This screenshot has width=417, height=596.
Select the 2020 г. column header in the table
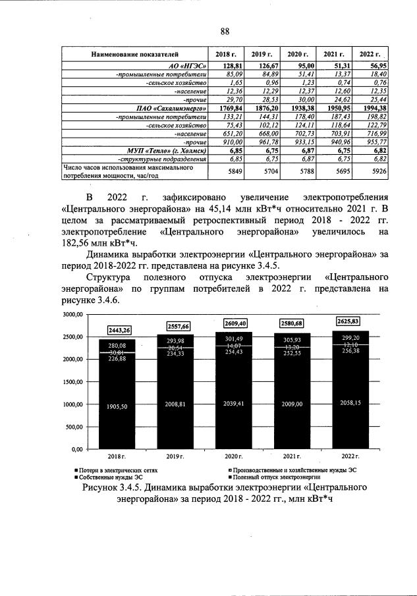pos(294,54)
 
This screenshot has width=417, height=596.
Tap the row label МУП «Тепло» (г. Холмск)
pos(173,150)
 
